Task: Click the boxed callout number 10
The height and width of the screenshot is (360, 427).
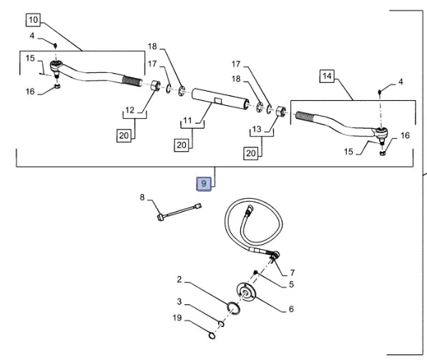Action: [x=33, y=20]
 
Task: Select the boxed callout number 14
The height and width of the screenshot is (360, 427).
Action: [x=327, y=76]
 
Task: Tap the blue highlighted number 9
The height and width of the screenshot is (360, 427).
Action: [x=204, y=184]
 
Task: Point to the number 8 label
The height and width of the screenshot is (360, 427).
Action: [x=142, y=197]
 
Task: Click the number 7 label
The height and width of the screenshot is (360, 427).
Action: [x=293, y=273]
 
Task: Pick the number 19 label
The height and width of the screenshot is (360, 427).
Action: [x=177, y=318]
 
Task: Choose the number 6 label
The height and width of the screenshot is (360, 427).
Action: [x=291, y=308]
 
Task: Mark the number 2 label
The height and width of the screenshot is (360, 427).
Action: [x=179, y=280]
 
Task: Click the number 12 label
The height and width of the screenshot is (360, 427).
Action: [x=130, y=110]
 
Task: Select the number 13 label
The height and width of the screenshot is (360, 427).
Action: [x=257, y=129]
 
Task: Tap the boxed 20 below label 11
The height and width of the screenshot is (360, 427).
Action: [x=182, y=145]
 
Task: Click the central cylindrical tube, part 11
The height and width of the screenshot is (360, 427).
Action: [x=220, y=99]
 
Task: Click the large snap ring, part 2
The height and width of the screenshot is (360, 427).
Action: [x=233, y=308]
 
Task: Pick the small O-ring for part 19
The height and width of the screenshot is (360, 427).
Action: [x=212, y=335]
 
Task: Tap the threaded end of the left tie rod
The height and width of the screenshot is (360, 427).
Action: [x=132, y=80]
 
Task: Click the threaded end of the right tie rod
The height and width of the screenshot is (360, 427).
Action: [x=305, y=117]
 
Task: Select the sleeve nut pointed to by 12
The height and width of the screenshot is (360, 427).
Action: [x=155, y=85]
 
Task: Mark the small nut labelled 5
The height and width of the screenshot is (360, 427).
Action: [x=255, y=272]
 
